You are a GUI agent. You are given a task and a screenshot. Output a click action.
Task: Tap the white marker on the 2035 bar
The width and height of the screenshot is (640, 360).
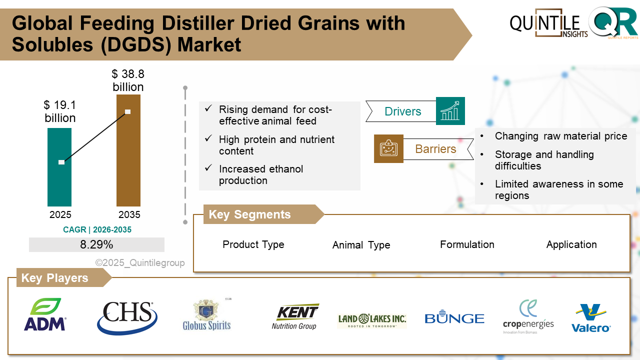point(128,111)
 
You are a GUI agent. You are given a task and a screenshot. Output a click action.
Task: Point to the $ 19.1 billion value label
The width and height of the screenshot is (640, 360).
point(60,111)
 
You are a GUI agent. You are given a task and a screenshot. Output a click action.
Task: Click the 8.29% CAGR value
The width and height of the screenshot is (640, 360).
point(96,245)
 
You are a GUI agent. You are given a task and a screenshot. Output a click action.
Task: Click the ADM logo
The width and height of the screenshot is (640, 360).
point(45,314)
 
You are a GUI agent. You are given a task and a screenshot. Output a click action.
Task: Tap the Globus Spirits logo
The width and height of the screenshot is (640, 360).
point(207,315)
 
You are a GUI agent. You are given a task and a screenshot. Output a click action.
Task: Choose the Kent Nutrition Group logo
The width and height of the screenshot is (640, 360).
point(295,316)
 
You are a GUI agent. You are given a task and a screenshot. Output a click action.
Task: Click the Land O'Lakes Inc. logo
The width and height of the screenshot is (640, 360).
point(372,319)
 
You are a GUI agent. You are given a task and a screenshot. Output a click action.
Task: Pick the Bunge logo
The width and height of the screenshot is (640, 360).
point(454,318)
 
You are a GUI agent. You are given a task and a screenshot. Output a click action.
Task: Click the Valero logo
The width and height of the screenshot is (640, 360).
point(591,318)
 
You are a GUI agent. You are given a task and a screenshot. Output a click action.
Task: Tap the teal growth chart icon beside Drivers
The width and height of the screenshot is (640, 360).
point(450,111)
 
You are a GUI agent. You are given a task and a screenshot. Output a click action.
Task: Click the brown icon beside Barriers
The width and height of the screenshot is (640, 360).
point(388,148)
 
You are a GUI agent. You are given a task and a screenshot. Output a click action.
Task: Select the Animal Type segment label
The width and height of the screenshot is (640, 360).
point(361,245)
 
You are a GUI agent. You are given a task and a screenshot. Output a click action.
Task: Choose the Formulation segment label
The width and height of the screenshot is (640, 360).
point(467,244)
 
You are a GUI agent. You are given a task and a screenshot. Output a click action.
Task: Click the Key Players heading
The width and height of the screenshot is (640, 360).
point(54,278)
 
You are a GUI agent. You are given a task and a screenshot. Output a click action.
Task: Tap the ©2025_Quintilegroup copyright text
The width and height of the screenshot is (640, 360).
point(140,263)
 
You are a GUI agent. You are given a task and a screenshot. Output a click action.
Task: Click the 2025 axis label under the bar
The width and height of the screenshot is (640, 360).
point(60,215)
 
